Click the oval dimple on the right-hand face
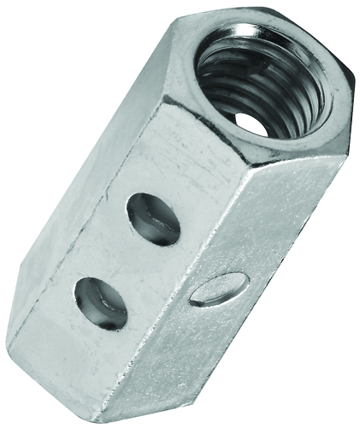[x=215, y=289]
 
